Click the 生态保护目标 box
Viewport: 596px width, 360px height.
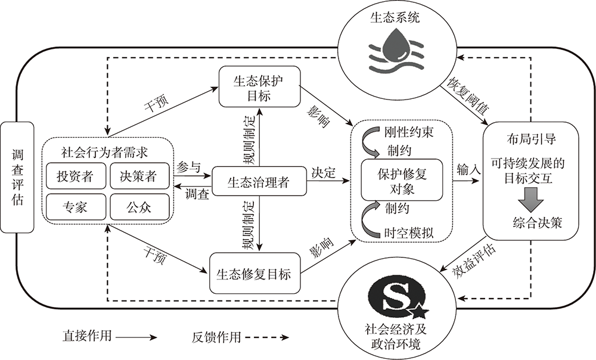(x=259, y=86)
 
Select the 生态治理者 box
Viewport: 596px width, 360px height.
(x=259, y=181)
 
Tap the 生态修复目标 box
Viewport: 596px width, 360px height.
(x=254, y=274)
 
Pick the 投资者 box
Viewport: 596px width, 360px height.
(x=76, y=176)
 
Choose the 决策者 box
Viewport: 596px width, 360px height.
(x=139, y=176)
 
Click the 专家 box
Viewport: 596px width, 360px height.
(x=76, y=207)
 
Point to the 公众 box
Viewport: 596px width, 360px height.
(x=139, y=207)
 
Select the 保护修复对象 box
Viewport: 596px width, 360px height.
(x=402, y=180)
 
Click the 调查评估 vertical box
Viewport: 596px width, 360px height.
(x=17, y=177)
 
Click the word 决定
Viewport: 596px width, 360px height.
(x=324, y=172)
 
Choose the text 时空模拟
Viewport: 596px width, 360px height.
(x=409, y=232)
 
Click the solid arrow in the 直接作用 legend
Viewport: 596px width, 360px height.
(x=136, y=337)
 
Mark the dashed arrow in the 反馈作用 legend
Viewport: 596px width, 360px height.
(x=267, y=337)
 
